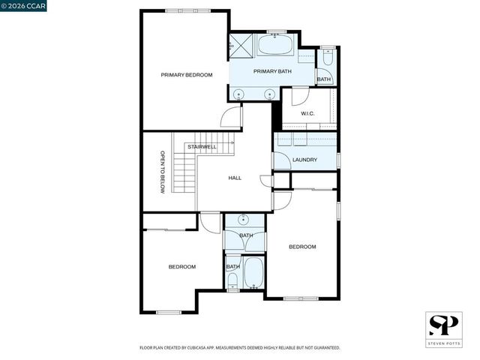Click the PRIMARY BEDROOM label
[187, 75]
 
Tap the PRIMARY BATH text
[272, 71]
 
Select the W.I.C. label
[307, 114]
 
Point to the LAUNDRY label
[304, 160]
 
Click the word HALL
[235, 178]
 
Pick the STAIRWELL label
[202, 146]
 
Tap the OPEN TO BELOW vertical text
[162, 172]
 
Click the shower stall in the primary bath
[241, 46]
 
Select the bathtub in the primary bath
[277, 46]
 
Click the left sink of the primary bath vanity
[240, 94]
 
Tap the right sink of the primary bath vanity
[269, 94]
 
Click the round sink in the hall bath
[244, 220]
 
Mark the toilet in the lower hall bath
[233, 280]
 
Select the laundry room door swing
[282, 160]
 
